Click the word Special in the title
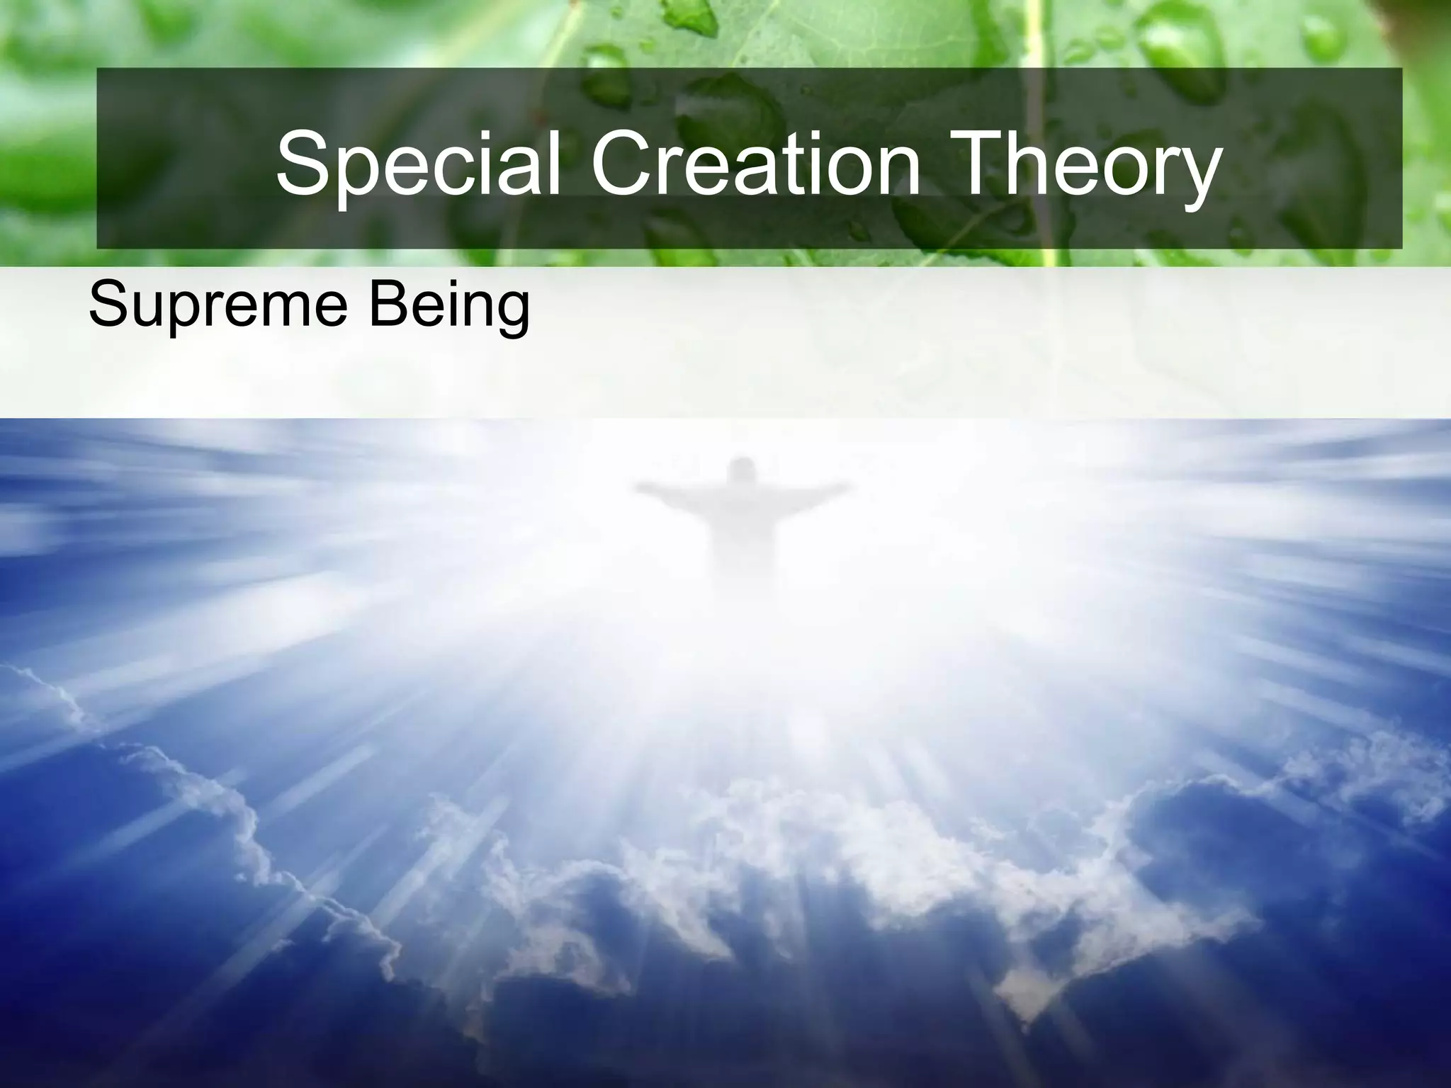tap(418, 164)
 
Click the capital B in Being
tap(383, 303)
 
